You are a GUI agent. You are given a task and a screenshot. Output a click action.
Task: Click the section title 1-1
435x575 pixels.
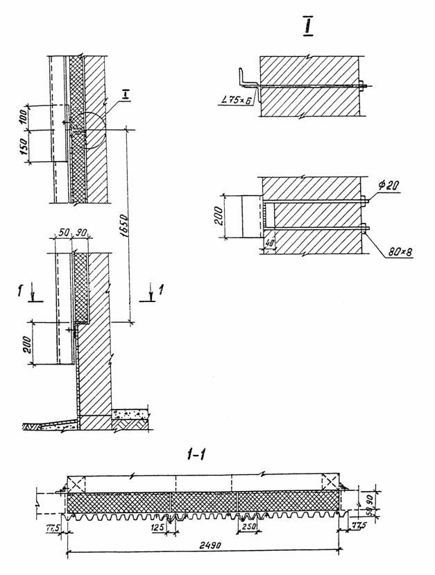197,456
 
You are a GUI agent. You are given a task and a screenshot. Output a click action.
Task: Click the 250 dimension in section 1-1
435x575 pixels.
248,527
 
